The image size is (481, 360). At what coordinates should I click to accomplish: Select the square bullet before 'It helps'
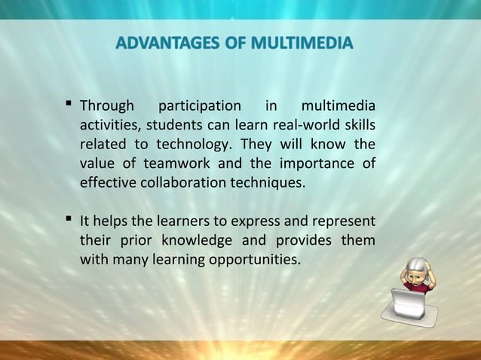[x=69, y=220]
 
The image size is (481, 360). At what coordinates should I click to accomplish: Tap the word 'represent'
[x=345, y=222]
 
